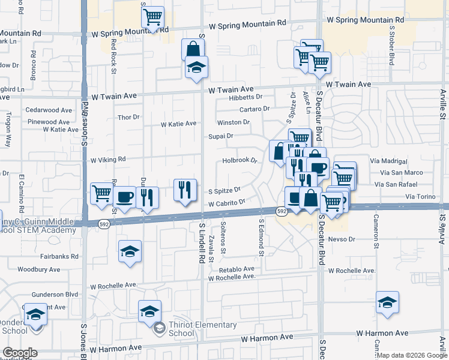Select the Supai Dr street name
tap(220, 136)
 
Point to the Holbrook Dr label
tap(240, 160)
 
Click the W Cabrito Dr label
tap(227, 203)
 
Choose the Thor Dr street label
tap(128, 117)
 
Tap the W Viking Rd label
tap(108, 160)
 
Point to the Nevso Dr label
tap(342, 239)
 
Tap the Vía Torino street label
tap(419, 197)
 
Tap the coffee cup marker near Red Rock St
tap(124, 196)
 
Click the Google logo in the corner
tap(20, 353)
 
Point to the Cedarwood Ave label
tap(50, 110)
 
